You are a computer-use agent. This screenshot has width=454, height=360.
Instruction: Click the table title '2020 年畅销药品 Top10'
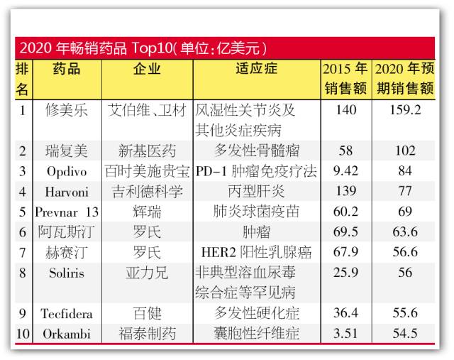[142, 49]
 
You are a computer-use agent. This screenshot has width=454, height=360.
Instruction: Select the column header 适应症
[256, 70]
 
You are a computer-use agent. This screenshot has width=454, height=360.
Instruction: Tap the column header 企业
[147, 70]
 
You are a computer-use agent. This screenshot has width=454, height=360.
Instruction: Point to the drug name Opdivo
[67, 171]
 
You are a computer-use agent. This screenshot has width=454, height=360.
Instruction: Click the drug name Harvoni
[67, 192]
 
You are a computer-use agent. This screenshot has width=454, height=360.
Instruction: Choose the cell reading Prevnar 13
[67, 212]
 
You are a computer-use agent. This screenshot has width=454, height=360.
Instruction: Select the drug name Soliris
[67, 273]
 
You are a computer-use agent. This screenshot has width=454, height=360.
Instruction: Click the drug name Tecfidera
[67, 313]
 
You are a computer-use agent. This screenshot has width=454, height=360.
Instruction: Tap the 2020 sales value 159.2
[405, 111]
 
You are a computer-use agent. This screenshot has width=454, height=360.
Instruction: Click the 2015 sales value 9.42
[345, 171]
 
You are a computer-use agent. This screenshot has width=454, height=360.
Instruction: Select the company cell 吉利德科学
[147, 192]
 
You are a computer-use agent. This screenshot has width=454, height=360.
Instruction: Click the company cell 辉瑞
[147, 212]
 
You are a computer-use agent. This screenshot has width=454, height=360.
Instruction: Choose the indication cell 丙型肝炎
[256, 192]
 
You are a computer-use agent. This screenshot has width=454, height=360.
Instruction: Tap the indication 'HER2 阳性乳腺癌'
[256, 252]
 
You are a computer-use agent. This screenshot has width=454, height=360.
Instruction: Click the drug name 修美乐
[67, 111]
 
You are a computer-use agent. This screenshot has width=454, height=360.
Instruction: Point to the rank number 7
[23, 252]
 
